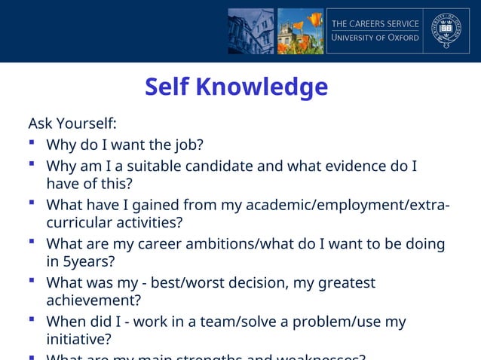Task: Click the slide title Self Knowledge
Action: pos(236,87)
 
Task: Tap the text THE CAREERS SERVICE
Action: pos(375,23)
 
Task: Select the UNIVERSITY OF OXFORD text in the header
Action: pos(375,38)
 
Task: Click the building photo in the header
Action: pos(250,31)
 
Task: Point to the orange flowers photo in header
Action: pos(300,31)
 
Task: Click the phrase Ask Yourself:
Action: pos(72,123)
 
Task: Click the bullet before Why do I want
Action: pos(32,142)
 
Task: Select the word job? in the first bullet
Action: pos(187,145)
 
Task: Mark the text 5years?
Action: pos(90,263)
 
